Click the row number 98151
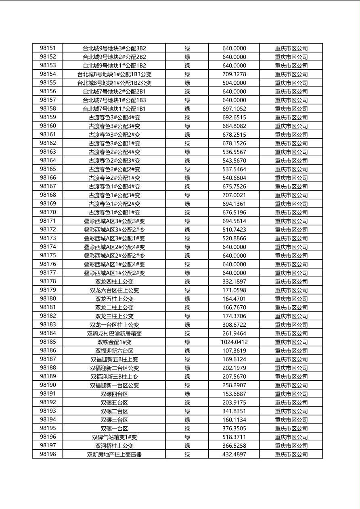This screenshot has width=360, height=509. pyautogui.click(x=48, y=48)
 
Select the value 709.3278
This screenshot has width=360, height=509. pyautogui.click(x=234, y=74)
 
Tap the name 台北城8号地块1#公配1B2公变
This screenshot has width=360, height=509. pyautogui.click(x=114, y=83)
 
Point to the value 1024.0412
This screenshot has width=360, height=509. pyautogui.click(x=234, y=342)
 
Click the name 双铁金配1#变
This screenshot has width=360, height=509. pyautogui.click(x=114, y=342)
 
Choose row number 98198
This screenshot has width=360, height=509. pyautogui.click(x=48, y=454)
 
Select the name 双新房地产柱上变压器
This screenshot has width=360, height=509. pyautogui.click(x=114, y=454)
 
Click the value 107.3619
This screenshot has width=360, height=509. pyautogui.click(x=234, y=350)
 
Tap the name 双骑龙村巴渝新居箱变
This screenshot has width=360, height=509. pyautogui.click(x=114, y=334)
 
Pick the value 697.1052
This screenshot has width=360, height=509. pyautogui.click(x=234, y=108)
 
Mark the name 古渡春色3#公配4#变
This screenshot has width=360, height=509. pyautogui.click(x=114, y=117)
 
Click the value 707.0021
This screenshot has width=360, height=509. pyautogui.click(x=234, y=195)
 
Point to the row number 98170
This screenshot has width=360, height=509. pyautogui.click(x=48, y=212)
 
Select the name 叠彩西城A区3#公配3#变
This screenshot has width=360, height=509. pyautogui.click(x=114, y=221)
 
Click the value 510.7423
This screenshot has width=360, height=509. pyautogui.click(x=234, y=229)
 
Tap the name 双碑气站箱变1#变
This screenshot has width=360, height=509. pyautogui.click(x=114, y=437)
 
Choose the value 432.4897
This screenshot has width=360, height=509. pyautogui.click(x=234, y=454)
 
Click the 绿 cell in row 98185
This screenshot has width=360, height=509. pyautogui.click(x=187, y=342)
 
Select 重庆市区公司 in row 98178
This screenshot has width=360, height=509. pyautogui.click(x=291, y=282)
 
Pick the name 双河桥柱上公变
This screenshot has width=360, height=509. pyautogui.click(x=114, y=446)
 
